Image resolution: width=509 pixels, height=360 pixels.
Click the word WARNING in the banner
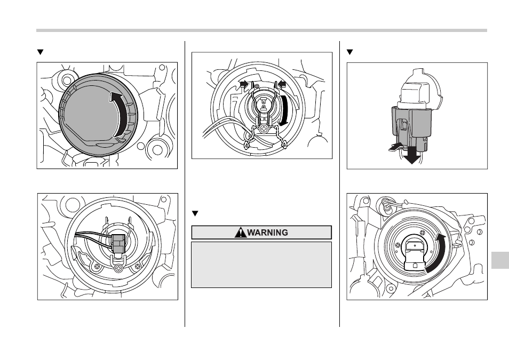click(x=267, y=233)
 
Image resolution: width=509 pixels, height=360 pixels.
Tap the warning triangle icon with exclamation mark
click(x=243, y=233)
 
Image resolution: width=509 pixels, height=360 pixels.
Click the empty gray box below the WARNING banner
click(x=261, y=265)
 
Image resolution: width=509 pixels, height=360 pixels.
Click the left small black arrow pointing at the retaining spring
click(x=244, y=84)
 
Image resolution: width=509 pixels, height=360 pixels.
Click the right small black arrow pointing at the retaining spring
click(x=281, y=84)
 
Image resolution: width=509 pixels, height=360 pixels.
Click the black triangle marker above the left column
click(x=39, y=52)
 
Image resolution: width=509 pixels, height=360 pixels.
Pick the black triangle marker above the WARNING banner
click(x=195, y=214)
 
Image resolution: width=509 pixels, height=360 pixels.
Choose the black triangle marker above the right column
click(x=350, y=52)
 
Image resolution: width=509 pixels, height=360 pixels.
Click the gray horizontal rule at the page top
click(x=261, y=30)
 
